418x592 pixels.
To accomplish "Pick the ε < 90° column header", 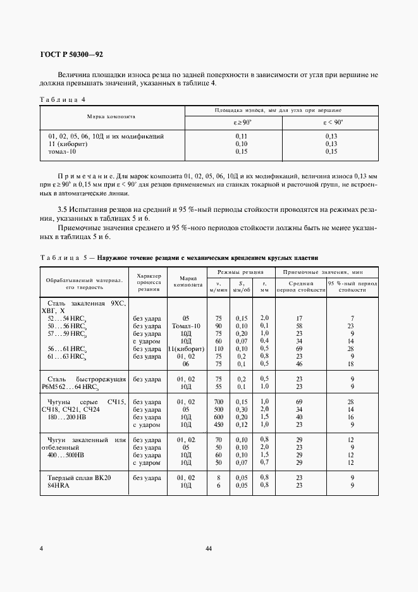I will coord(331,122).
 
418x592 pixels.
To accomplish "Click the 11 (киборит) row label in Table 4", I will coord(67,144).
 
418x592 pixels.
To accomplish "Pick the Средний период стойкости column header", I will coord(300,286).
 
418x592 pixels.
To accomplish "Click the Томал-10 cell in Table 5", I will coord(186,326).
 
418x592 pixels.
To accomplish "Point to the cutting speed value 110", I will coord(219,348).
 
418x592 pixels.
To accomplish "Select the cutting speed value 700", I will coord(219,402).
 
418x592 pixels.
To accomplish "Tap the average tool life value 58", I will coord(300,326).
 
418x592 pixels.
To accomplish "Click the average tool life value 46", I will coord(300,364).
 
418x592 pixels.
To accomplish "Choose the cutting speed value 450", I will coord(219,424).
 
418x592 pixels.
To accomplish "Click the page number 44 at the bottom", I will coord(209,548).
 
